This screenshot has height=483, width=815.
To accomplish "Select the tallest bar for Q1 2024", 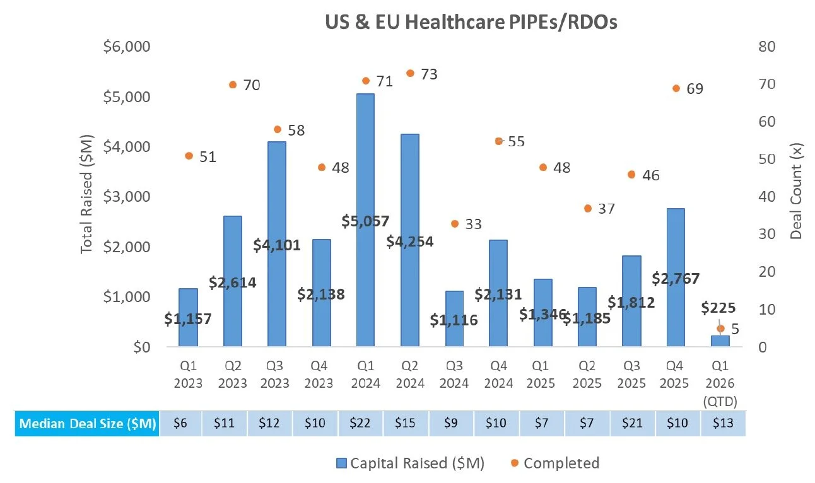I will click(x=365, y=221).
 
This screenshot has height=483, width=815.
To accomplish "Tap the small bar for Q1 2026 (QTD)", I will click(x=720, y=340).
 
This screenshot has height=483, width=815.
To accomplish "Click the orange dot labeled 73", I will click(x=410, y=73).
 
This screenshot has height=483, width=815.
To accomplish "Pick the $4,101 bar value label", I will click(x=276, y=245).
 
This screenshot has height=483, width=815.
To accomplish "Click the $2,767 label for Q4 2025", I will click(x=676, y=278).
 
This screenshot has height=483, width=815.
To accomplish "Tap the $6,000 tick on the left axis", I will click(x=126, y=47).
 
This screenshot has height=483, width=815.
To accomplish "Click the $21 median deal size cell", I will click(x=633, y=423).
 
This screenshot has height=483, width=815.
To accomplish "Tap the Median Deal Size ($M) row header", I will click(x=88, y=423).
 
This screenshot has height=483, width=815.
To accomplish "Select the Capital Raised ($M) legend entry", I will click(x=410, y=463).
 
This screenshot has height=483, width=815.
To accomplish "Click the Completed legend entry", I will click(x=555, y=463).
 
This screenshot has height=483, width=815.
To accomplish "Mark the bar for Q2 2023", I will click(x=232, y=281).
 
